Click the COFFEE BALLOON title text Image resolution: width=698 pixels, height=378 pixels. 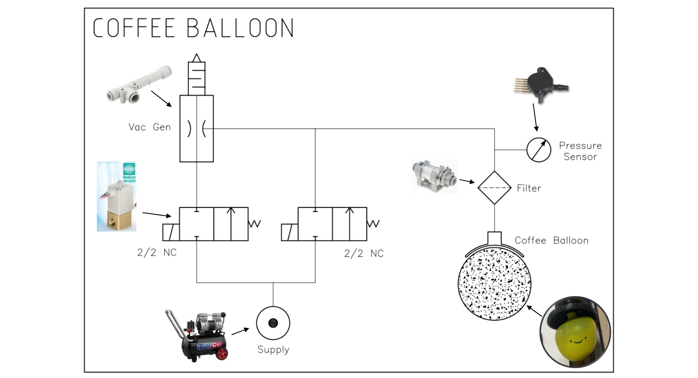[x=193, y=28]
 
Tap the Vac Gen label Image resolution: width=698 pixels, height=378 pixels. [x=149, y=127]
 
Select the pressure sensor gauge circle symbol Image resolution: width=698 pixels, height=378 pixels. [x=538, y=150]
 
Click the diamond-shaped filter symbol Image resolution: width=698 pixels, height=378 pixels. [x=494, y=188]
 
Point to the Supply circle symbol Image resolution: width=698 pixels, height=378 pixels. [x=273, y=323]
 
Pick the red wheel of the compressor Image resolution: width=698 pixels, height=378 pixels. [x=222, y=353]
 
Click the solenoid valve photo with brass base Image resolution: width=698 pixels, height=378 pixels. [x=117, y=197]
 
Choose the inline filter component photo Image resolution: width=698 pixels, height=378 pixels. [x=434, y=177]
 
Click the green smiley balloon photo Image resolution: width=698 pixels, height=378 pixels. [x=574, y=332]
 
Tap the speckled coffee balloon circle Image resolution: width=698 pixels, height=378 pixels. [x=494, y=284]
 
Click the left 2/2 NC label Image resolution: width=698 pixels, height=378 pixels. [x=157, y=252]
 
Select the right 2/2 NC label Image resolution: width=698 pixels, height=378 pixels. [x=363, y=253]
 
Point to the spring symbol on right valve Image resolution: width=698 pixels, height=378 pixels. [x=373, y=223]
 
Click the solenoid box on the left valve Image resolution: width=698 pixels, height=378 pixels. [x=171, y=232]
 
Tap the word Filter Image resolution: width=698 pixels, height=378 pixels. [x=528, y=188]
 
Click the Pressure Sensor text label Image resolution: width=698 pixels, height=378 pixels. [x=580, y=151]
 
